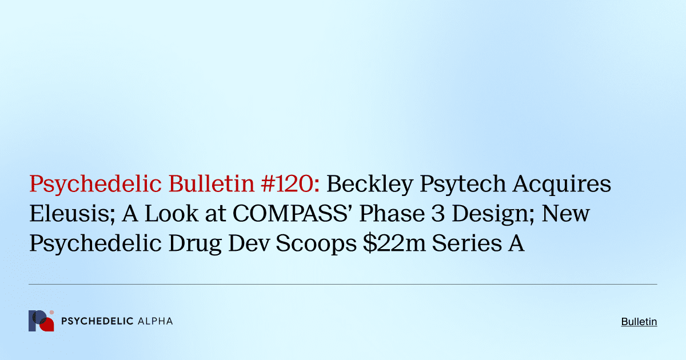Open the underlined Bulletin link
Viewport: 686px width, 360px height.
[x=639, y=322]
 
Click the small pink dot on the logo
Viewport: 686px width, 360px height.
[x=52, y=313]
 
